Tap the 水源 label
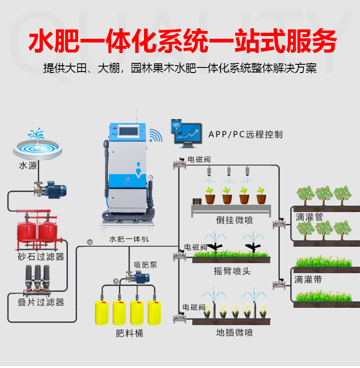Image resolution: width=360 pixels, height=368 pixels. (x=28, y=166)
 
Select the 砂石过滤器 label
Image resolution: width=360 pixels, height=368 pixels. (x=41, y=257)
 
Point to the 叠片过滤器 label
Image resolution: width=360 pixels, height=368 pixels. (x=41, y=302)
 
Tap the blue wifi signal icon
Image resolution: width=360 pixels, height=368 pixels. (x=156, y=135)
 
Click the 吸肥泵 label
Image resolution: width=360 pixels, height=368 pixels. (x=145, y=265)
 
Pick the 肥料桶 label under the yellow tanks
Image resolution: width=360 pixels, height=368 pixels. (x=129, y=333)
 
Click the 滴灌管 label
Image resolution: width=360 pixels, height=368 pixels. (x=309, y=217)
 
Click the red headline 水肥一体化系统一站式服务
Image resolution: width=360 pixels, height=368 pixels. (x=182, y=42)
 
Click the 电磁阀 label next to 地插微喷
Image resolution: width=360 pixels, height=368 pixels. (x=194, y=307)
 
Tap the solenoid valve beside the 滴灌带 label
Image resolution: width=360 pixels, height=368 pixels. (x=278, y=284)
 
